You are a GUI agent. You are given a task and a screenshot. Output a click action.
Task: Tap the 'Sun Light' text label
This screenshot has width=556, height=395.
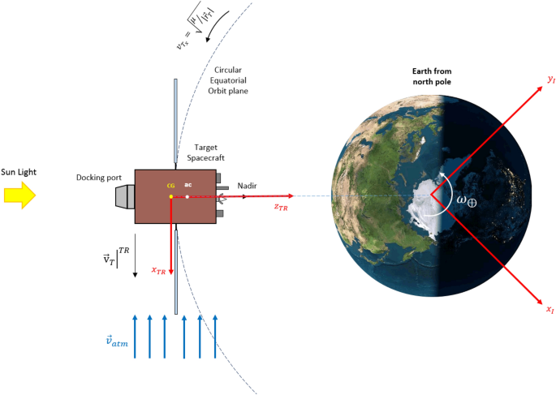(19, 171)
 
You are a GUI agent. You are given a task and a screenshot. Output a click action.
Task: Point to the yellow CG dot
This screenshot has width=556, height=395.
(170, 197)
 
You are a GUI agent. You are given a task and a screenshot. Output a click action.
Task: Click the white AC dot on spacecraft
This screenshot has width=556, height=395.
(187, 197)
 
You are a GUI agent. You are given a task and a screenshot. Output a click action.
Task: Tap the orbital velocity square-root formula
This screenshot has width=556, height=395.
(192, 32)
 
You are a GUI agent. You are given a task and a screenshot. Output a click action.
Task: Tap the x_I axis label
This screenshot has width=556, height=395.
(550, 310)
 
